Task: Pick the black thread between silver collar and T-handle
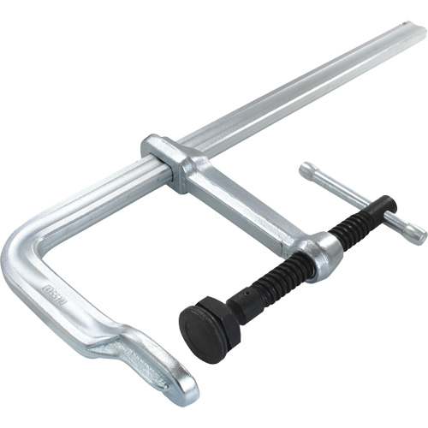[355, 224]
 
